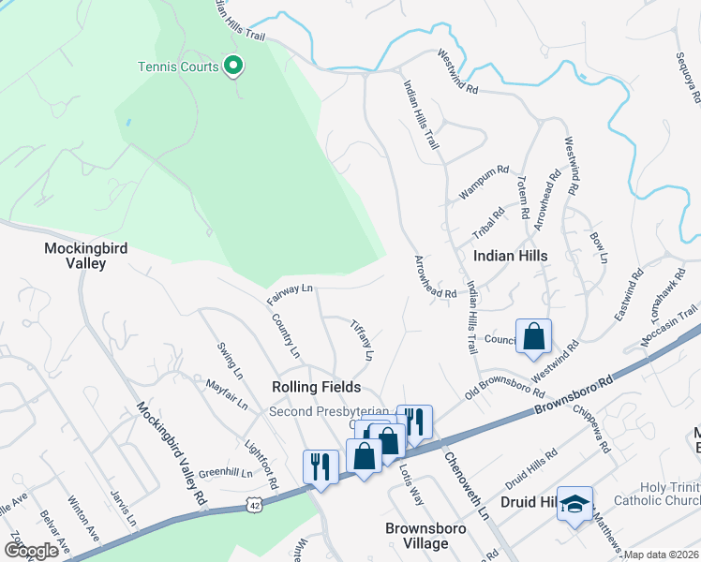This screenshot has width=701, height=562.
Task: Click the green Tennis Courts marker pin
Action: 234,67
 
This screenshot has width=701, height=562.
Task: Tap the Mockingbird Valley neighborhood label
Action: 86,256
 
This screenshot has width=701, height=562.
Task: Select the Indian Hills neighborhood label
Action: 510,255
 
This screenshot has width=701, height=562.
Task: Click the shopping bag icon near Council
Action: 533,337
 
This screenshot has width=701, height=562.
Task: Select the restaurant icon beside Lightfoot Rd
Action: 321,467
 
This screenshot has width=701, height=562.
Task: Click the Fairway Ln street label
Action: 289,294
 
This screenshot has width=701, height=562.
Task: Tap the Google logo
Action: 31,550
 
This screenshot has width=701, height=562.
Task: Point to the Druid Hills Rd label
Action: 530,466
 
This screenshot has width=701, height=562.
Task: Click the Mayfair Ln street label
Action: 226,393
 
